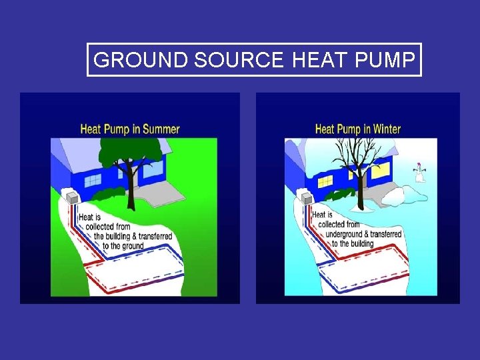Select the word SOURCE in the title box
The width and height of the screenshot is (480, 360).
click(239, 60)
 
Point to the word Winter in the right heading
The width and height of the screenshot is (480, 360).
click(383, 129)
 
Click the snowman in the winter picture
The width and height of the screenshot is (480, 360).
click(419, 173)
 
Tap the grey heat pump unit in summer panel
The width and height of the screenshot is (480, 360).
click(71, 197)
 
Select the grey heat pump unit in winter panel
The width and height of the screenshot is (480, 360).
click(305, 197)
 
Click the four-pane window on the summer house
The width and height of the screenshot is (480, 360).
click(93, 180)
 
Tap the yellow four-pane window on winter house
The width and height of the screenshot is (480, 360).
click(325, 181)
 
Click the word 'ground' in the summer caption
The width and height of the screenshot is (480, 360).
click(133, 246)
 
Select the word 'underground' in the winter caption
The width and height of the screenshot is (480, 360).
click(344, 235)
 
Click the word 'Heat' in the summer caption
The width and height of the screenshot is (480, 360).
click(87, 217)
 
